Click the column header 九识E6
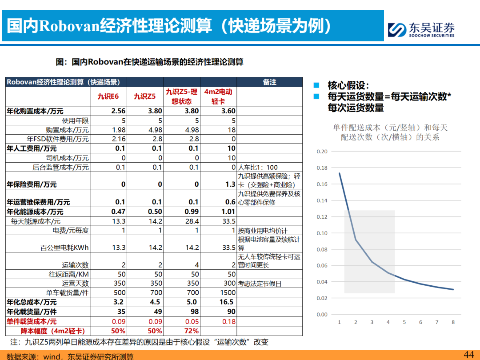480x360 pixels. (x=108, y=96)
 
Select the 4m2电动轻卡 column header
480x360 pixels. (x=218, y=96)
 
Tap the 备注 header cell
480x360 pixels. (x=269, y=82)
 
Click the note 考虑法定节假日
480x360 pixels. (x=260, y=284)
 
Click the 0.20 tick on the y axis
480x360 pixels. (x=322, y=152)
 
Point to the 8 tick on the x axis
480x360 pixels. (x=453, y=322)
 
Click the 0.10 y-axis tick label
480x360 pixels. (x=322, y=233)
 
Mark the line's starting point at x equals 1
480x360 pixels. (x=340, y=173)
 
